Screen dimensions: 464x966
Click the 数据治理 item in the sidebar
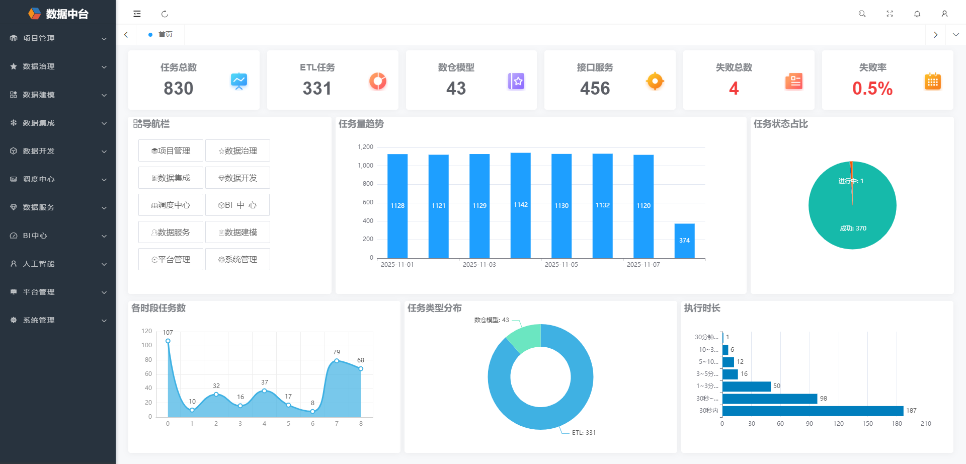click(x=39, y=66)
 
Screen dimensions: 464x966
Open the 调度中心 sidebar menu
click(x=39, y=179)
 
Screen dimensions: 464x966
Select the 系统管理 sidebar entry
click(x=39, y=320)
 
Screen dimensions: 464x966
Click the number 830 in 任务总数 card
click(x=179, y=89)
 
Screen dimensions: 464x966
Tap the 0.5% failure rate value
click(x=872, y=89)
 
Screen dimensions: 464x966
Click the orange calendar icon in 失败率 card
click(x=932, y=82)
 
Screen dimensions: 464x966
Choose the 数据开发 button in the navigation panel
click(x=237, y=178)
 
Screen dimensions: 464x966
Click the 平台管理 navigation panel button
click(x=171, y=259)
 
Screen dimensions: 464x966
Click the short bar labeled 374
click(x=684, y=241)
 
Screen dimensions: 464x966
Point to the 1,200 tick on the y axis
click(x=365, y=147)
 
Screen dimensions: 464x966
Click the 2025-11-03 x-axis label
click(x=479, y=265)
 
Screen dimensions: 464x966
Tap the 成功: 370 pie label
click(x=853, y=228)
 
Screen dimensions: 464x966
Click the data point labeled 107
click(x=168, y=341)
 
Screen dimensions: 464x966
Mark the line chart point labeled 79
click(x=337, y=360)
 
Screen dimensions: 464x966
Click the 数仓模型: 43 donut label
click(x=491, y=320)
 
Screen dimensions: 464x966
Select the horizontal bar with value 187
click(x=813, y=411)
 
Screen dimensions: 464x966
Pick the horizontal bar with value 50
click(x=746, y=386)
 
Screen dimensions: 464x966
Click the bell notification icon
click(x=917, y=14)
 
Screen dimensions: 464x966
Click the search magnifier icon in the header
click(x=862, y=14)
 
